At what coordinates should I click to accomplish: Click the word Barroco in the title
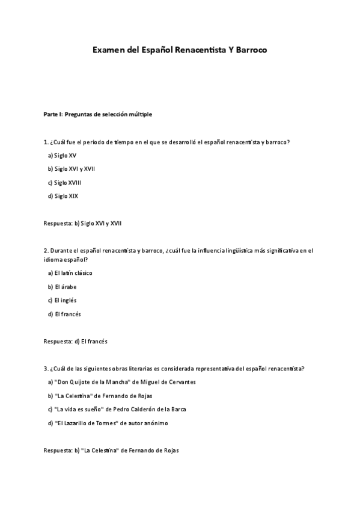coord(248,51)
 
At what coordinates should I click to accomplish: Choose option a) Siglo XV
coord(62,155)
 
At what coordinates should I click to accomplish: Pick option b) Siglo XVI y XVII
coord(71,168)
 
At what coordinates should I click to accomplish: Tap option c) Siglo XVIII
coord(64,182)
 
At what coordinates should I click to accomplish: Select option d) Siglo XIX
coord(63,196)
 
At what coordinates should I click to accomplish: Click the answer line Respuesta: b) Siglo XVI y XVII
coord(83,223)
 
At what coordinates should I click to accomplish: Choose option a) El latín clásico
coord(70,273)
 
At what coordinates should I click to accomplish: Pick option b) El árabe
coord(62,287)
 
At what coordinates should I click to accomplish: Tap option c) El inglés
coord(62,300)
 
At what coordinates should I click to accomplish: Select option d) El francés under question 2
coord(64,314)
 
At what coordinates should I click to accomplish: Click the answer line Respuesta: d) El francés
coord(76,341)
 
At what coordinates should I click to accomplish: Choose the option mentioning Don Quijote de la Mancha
coord(121,382)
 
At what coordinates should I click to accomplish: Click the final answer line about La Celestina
coord(111,450)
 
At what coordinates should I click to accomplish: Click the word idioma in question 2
coord(53,259)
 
